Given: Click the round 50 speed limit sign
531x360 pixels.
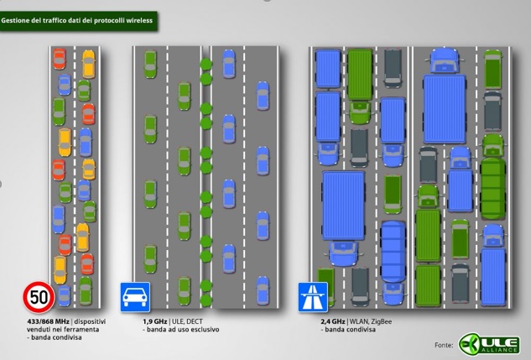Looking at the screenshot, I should (39, 296).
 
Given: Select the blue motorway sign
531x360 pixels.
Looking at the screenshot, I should (312, 296).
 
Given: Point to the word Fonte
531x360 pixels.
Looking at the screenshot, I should (444, 345).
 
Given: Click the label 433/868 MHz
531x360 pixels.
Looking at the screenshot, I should (49, 321).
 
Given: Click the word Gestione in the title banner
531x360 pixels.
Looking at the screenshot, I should (17, 19).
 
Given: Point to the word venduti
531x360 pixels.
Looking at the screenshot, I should (40, 330).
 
